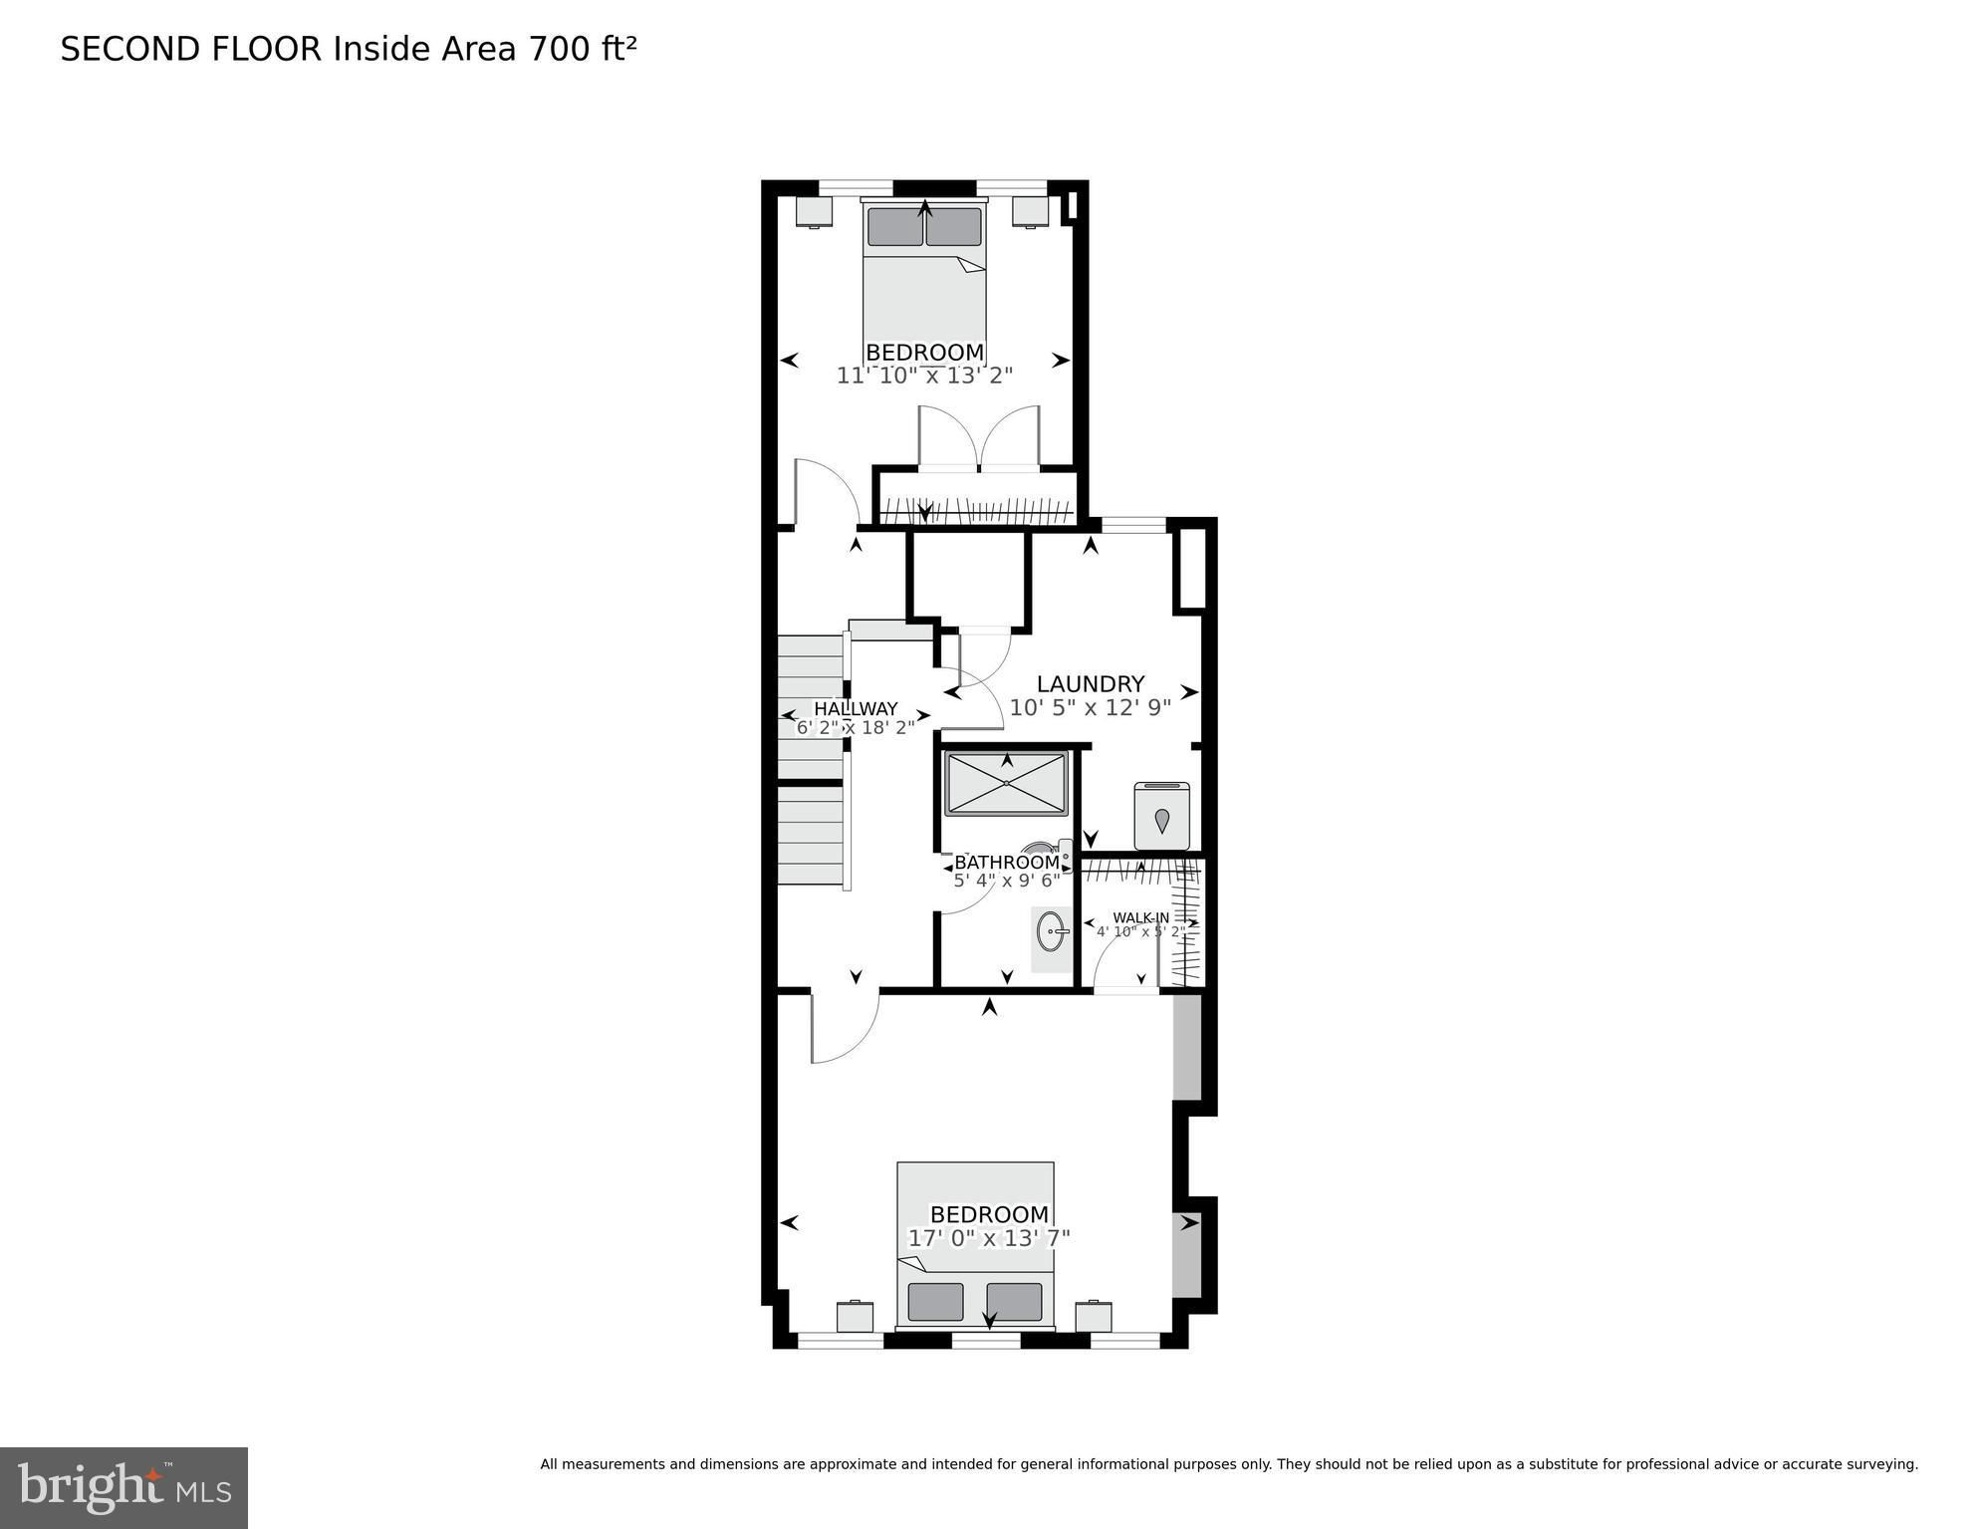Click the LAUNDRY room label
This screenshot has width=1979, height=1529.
pyautogui.click(x=1091, y=684)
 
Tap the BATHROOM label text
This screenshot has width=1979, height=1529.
pyautogui.click(x=1007, y=863)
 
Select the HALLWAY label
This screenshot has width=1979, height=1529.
pyautogui.click(x=856, y=709)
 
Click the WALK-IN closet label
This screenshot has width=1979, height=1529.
pyautogui.click(x=1141, y=917)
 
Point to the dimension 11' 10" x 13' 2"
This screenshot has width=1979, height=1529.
pyautogui.click(x=924, y=376)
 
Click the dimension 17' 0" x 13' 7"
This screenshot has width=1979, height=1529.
pyautogui.click(x=989, y=1238)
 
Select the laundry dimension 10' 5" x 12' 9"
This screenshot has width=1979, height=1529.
pyautogui.click(x=1091, y=708)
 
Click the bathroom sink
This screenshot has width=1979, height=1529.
pyautogui.click(x=1052, y=932)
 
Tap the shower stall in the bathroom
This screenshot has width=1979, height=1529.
pyautogui.click(x=1006, y=783)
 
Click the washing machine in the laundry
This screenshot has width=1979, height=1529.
pyautogui.click(x=1162, y=816)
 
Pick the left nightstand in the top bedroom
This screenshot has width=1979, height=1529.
pyautogui.click(x=814, y=211)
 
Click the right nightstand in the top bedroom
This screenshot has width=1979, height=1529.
pyautogui.click(x=1031, y=211)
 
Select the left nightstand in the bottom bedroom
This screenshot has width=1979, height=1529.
pyautogui.click(x=855, y=1317)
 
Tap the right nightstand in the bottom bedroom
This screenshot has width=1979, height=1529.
pyautogui.click(x=1094, y=1317)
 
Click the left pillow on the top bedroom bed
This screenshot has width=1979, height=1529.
pyautogui.click(x=894, y=227)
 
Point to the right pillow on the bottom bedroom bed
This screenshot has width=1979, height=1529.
pyautogui.click(x=1014, y=1302)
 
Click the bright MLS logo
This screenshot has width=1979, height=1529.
pyautogui.click(x=124, y=1488)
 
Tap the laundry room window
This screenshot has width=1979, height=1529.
pyautogui.click(x=1133, y=524)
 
